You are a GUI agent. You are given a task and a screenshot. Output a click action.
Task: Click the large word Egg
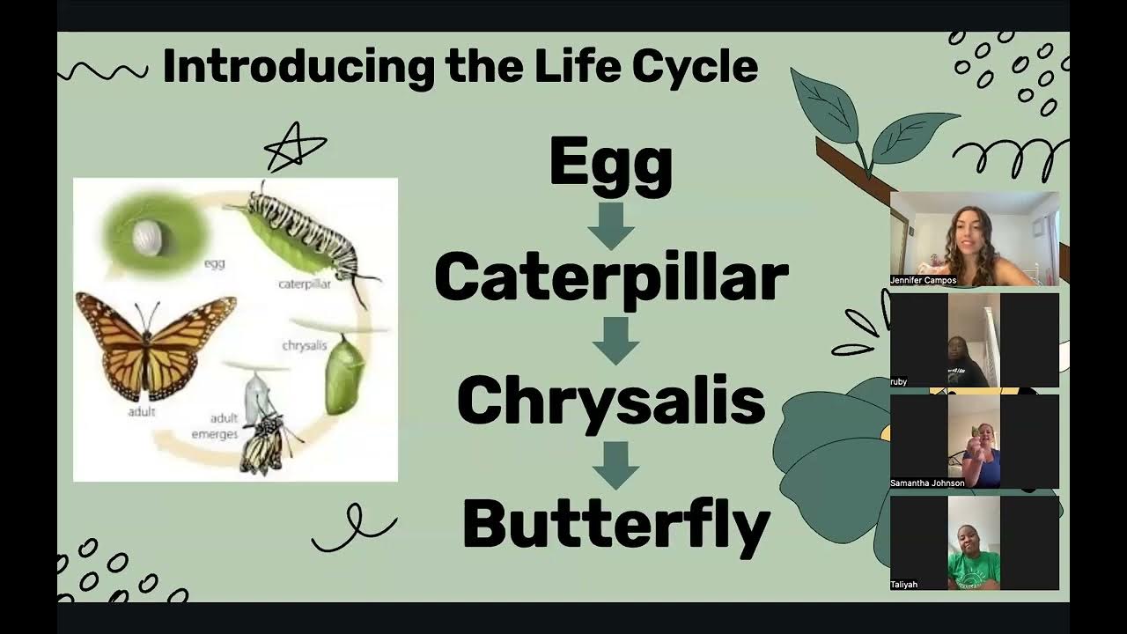point(610,165)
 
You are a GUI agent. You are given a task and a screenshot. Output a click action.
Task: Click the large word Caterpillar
point(610,276)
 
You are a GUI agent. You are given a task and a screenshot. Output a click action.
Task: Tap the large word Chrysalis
point(610,401)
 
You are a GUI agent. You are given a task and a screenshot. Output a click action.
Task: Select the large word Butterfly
point(615,525)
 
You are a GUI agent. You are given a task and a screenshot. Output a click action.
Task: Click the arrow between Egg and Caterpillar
point(611,225)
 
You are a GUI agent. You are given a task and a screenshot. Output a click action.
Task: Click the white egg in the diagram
point(147,236)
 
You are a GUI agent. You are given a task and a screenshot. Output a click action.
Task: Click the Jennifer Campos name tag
point(924,280)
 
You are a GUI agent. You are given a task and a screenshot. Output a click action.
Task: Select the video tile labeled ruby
point(974,339)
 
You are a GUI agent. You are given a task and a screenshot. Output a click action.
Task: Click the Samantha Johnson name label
point(927,483)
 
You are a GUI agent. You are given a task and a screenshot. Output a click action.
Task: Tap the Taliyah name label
point(904,584)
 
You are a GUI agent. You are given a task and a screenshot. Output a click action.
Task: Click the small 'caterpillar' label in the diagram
point(304,284)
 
